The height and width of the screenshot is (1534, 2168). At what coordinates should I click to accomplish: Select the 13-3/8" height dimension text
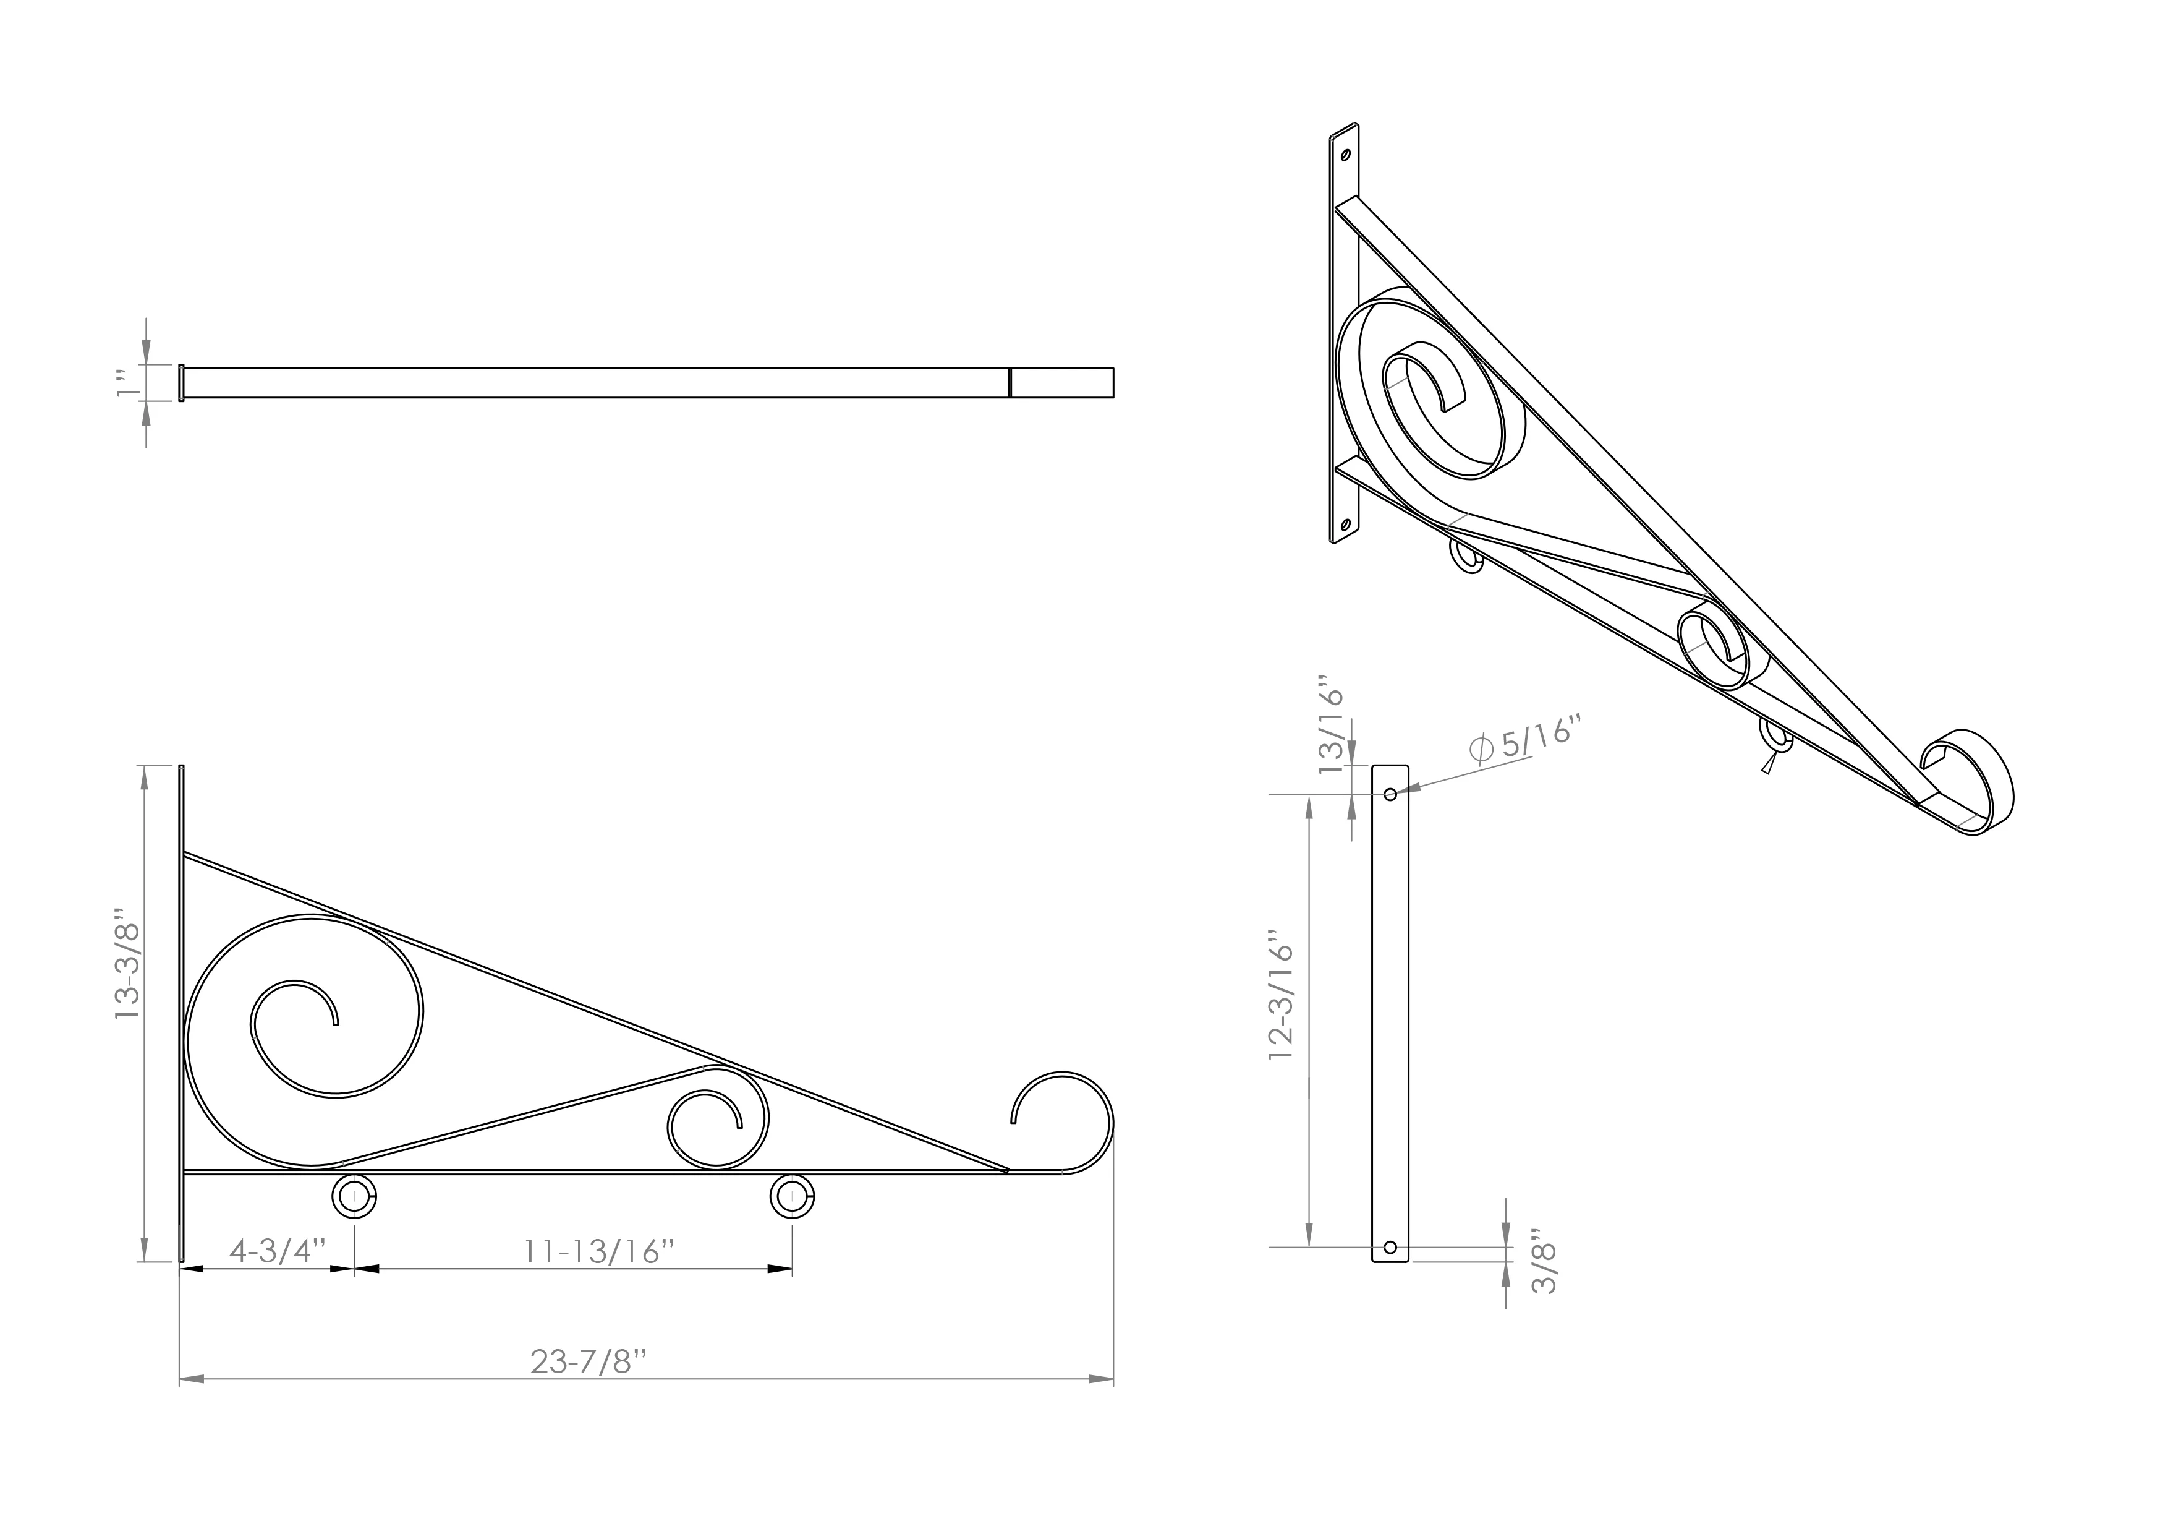coord(127,964)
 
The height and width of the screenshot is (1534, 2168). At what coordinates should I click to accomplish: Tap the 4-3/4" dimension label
coord(277,1251)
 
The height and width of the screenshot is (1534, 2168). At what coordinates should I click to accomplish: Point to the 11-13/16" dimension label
coord(598,1251)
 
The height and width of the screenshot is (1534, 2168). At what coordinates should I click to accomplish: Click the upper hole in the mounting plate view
coord(1390,794)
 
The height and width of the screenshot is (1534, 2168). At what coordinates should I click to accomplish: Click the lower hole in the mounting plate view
coord(1389,1248)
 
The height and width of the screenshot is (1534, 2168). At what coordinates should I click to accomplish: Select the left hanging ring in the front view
coord(354,1198)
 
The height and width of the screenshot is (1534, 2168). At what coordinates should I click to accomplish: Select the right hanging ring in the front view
coord(793,1198)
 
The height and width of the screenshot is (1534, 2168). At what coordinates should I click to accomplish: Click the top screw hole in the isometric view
coord(1346,155)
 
